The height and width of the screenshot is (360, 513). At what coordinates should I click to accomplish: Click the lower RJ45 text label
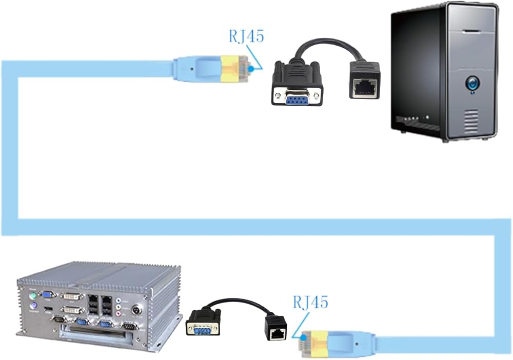(310, 302)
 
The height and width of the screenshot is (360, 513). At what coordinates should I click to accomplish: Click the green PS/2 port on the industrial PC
(33, 296)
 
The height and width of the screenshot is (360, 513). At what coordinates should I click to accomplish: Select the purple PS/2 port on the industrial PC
(33, 306)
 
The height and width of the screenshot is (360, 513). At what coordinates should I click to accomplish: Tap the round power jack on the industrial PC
(136, 310)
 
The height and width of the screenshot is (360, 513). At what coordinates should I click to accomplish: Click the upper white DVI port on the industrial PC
(72, 296)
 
